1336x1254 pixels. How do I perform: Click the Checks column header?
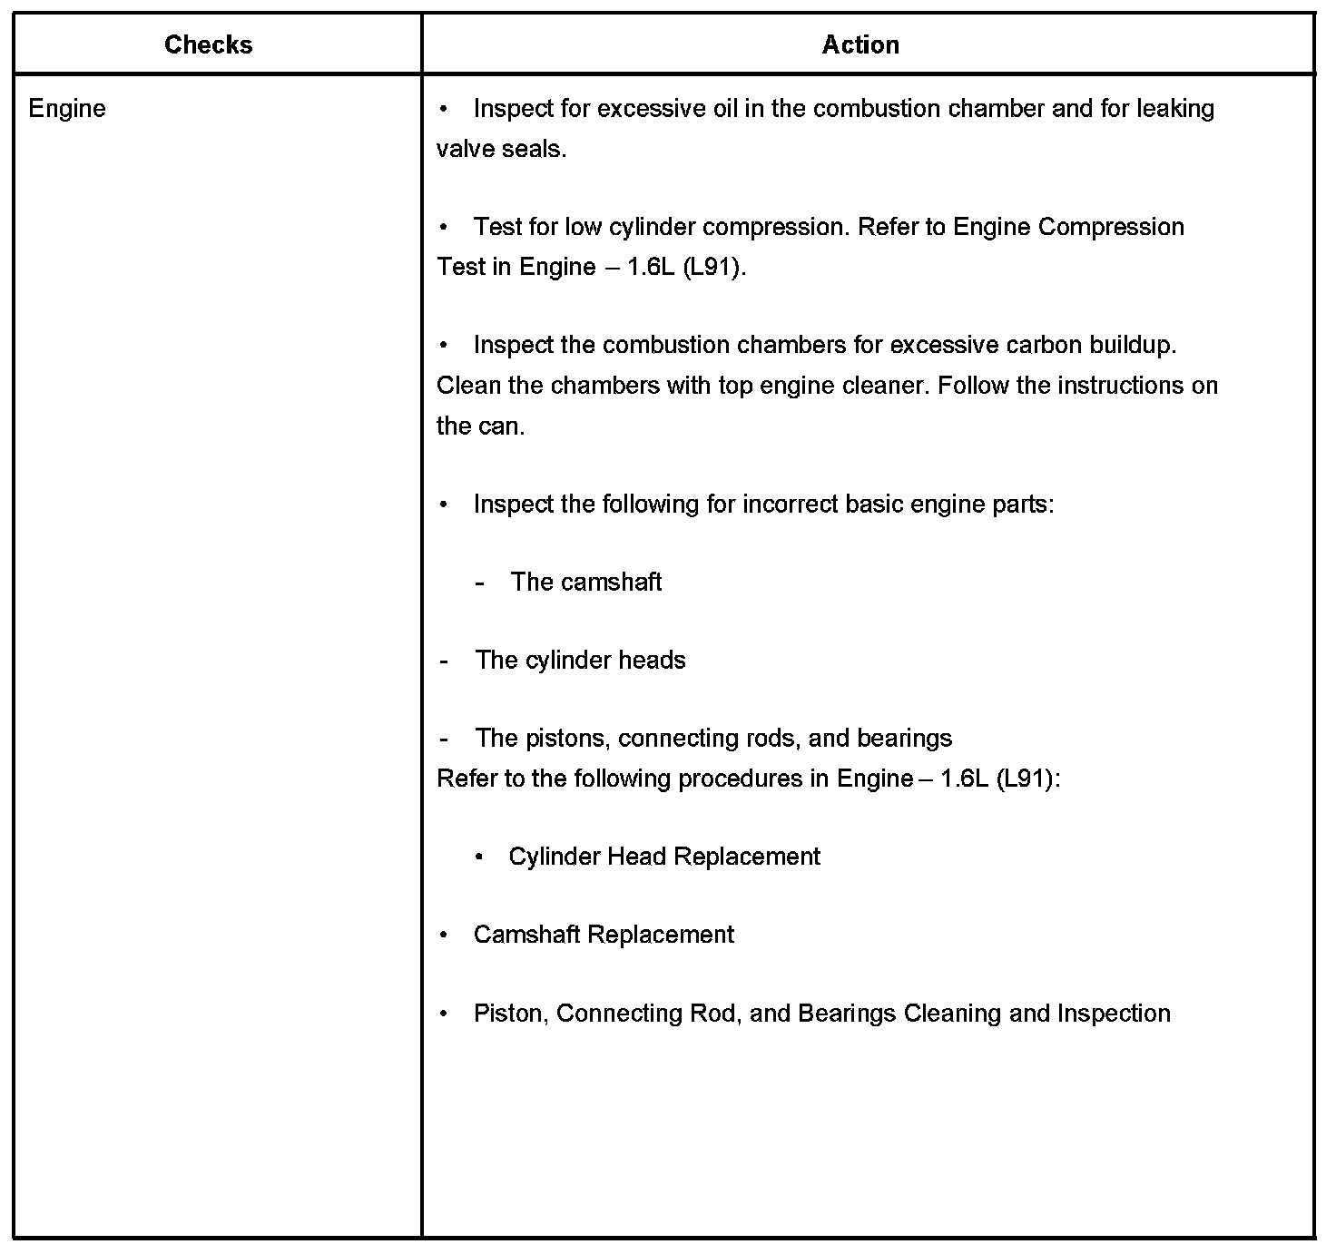coord(208,44)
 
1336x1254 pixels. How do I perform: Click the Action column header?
coord(860,44)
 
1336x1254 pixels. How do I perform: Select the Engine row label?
coord(67,109)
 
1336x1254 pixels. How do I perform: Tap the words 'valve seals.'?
coord(501,149)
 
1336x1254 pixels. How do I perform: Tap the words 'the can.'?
coord(480,426)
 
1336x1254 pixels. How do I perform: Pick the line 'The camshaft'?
coord(585,582)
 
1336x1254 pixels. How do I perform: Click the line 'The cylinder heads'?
coord(580,660)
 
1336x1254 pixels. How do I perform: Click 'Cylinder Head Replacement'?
coord(664,857)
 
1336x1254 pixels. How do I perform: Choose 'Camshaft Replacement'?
coord(604,935)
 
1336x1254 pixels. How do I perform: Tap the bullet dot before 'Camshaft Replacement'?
coord(444,935)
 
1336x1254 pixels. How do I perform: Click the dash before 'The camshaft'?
coord(479,583)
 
